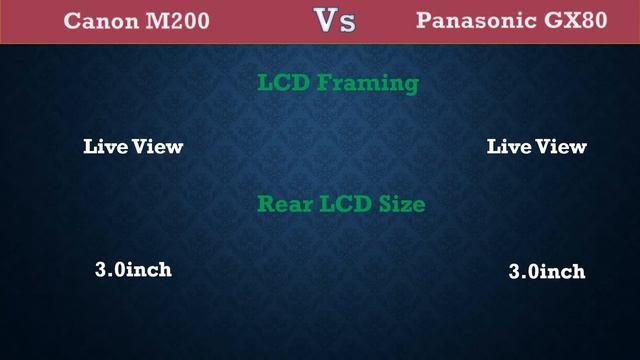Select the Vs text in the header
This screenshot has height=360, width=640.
(x=334, y=20)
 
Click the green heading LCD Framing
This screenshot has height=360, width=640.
(x=338, y=83)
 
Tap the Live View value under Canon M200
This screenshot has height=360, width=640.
(x=133, y=146)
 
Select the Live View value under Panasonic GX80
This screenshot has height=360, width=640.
(x=537, y=146)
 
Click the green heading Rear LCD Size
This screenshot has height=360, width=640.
(x=342, y=205)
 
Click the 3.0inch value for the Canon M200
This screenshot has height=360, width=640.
(x=133, y=270)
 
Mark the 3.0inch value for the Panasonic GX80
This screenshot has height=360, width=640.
(x=547, y=271)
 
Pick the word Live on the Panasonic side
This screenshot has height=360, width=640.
(x=507, y=146)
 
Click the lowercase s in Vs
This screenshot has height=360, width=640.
(x=347, y=23)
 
